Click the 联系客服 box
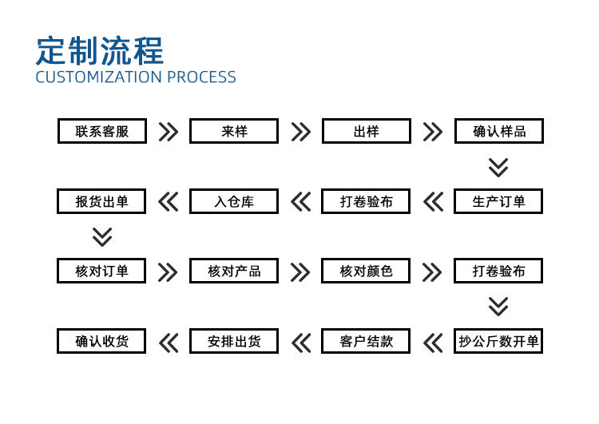pos(101,131)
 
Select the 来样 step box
pos(234,131)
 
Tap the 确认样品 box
pos(498,131)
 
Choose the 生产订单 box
pos(498,201)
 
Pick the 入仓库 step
pos(234,201)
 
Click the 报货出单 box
pos(101,201)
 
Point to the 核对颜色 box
pos(366,271)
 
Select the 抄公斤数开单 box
pos(498,342)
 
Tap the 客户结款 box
pos(366,342)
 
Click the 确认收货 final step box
pos(101,342)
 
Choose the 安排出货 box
pos(234,342)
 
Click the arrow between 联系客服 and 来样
pos(168,132)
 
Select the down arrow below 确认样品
pos(498,167)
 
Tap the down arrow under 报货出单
pos(102,237)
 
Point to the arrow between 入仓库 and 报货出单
pos(168,202)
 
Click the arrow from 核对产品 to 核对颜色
pos(300,272)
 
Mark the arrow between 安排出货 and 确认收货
pos(168,343)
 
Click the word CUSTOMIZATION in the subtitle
pos(99,77)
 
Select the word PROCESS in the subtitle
pos(202,77)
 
